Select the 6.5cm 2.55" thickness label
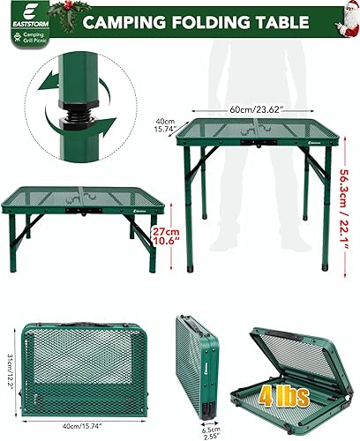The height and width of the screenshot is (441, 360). (x=208, y=431)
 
